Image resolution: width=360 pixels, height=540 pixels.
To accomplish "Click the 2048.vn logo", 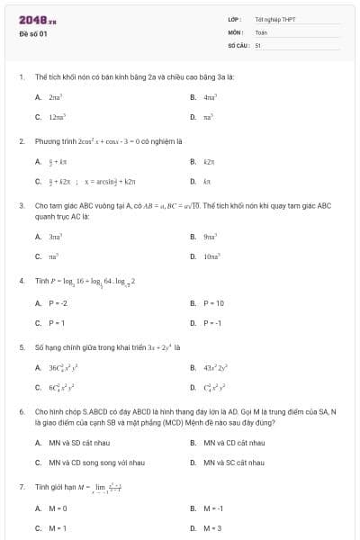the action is click(38, 20).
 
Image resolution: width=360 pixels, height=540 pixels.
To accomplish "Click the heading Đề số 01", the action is click(33, 33).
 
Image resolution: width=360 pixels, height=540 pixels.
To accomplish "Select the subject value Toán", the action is click(262, 31).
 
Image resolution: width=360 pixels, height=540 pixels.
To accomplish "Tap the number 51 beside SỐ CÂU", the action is click(257, 44).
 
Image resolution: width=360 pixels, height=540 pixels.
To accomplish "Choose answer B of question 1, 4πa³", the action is click(209, 96).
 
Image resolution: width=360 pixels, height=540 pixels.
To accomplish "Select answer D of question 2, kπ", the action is click(207, 182).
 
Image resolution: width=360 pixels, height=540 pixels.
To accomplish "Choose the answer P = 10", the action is click(213, 302).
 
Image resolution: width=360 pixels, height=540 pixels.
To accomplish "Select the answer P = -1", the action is click(212, 323).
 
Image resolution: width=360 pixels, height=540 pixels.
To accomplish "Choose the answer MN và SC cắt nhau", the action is click(233, 463).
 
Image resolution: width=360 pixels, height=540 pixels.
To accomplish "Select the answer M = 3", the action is click(212, 528).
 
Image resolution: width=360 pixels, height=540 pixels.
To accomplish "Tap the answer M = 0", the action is click(58, 508).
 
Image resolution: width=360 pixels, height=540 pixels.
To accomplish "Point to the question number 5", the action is click(22, 346).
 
